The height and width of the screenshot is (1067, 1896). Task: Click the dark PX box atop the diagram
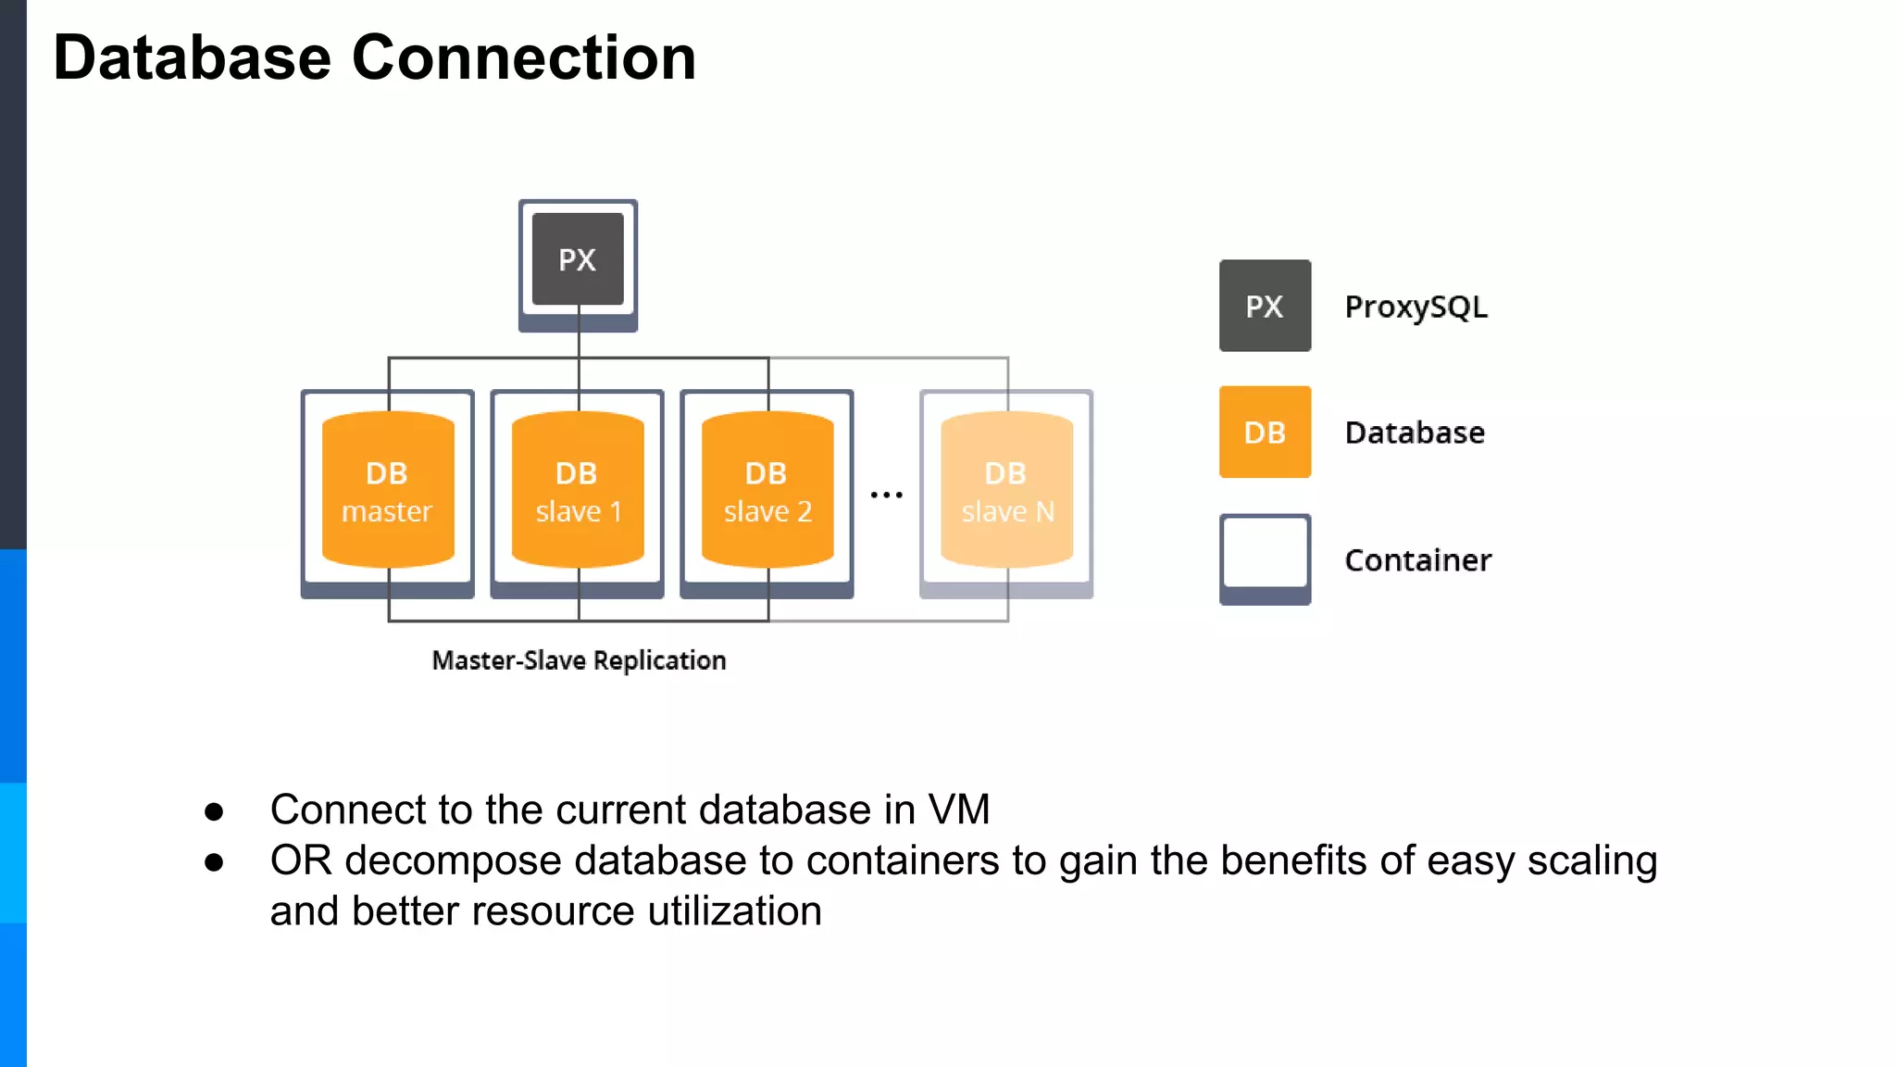tap(578, 259)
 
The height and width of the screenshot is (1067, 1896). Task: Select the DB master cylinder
tap(387, 490)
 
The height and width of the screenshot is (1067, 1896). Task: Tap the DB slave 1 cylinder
tap(577, 490)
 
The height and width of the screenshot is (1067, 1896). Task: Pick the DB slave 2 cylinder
tap(767, 490)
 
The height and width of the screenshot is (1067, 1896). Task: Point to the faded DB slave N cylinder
tap(1006, 490)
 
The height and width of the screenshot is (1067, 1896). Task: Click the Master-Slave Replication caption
tap(579, 660)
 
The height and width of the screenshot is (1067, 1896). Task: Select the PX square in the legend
tap(1265, 306)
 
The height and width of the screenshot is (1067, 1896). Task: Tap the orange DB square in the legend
tap(1265, 432)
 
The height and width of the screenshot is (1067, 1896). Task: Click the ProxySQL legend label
tap(1416, 307)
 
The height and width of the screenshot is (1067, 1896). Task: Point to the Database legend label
tap(1415, 433)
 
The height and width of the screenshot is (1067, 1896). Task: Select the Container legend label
tap(1417, 560)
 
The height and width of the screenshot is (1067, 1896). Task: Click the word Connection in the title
tap(524, 57)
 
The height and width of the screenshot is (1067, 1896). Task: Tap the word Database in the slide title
tap(192, 57)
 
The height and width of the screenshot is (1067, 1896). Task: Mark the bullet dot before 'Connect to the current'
tap(215, 812)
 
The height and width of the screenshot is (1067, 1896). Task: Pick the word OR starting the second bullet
tap(300, 860)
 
